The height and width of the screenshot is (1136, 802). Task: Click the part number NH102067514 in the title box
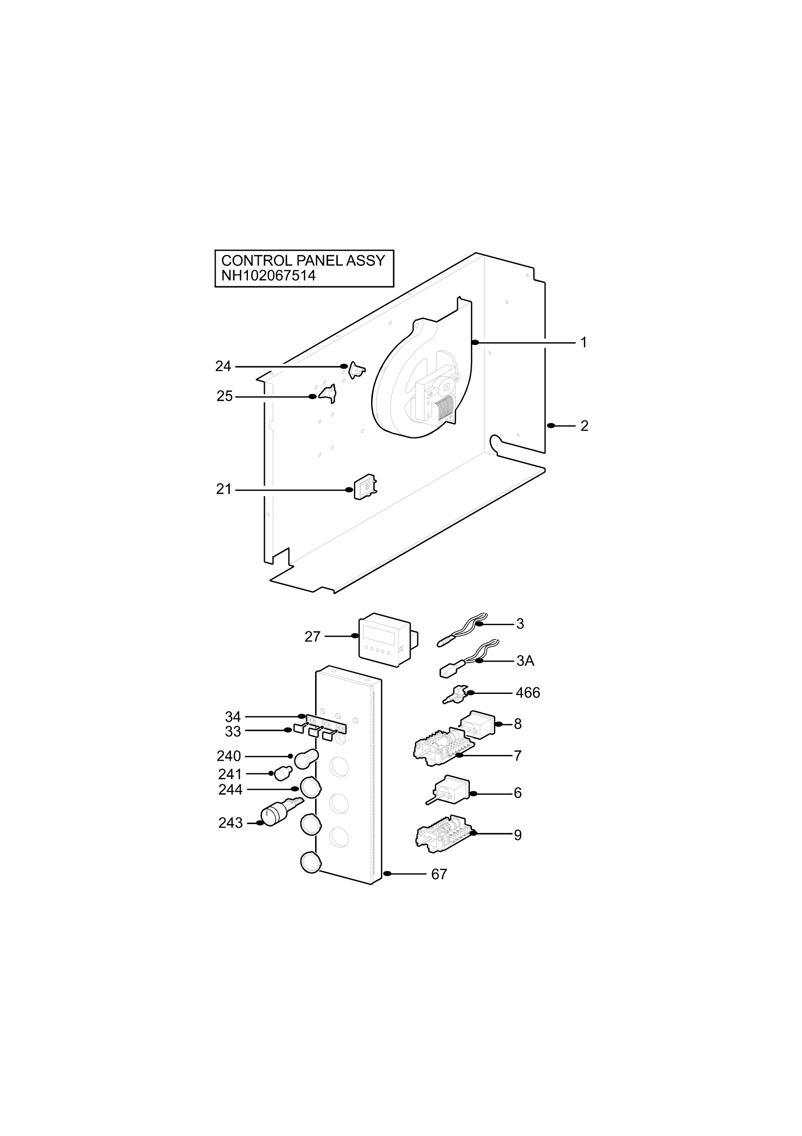tap(268, 275)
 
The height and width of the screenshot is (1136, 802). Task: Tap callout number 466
tap(528, 692)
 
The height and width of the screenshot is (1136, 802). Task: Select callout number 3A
tap(525, 661)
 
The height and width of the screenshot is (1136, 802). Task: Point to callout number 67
tap(439, 875)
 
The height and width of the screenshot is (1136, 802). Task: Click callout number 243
tap(230, 823)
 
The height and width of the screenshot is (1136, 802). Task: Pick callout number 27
tap(312, 637)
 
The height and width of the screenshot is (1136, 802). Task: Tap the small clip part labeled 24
tap(356, 370)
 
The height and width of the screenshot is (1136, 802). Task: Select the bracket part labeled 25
tap(328, 394)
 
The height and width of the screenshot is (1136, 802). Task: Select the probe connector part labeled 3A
tap(470, 658)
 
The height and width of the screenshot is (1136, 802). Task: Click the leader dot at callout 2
tap(551, 426)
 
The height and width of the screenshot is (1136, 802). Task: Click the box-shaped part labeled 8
tap(477, 725)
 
